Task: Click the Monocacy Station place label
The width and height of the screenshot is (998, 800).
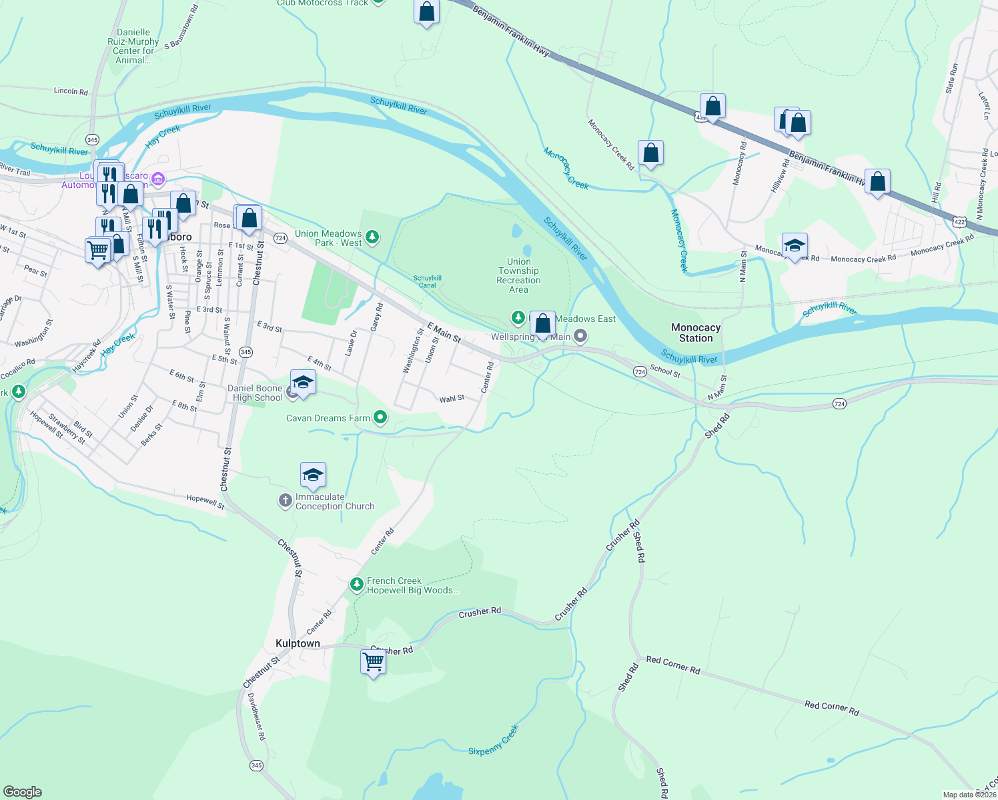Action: point(696,333)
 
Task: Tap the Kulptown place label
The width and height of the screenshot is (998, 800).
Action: point(298,643)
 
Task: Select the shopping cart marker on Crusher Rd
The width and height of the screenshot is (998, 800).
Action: point(373,662)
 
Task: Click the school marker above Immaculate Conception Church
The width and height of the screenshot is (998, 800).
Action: point(313,475)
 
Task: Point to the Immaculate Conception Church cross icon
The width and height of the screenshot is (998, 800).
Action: point(285,501)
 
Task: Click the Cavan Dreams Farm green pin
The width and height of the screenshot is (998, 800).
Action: point(380,418)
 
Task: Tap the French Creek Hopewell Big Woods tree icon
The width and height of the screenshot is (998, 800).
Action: point(357,585)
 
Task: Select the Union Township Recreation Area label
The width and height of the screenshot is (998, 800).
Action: point(518,275)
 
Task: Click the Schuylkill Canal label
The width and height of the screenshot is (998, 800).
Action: point(427,281)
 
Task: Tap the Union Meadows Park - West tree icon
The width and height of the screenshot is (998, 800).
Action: point(372,237)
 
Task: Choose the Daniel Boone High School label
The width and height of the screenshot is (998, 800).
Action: point(256,393)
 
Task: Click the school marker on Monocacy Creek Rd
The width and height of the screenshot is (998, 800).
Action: point(795,246)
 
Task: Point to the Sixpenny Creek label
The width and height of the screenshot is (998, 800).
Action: point(493,741)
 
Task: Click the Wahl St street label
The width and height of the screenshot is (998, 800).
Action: point(452,399)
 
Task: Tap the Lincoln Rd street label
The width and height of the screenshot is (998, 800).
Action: point(71,91)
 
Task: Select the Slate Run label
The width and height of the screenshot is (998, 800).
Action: point(951,78)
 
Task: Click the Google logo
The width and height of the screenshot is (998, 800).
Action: point(23,792)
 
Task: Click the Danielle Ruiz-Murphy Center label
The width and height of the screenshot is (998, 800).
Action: point(133,46)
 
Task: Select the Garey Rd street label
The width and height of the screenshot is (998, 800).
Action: point(377,317)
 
